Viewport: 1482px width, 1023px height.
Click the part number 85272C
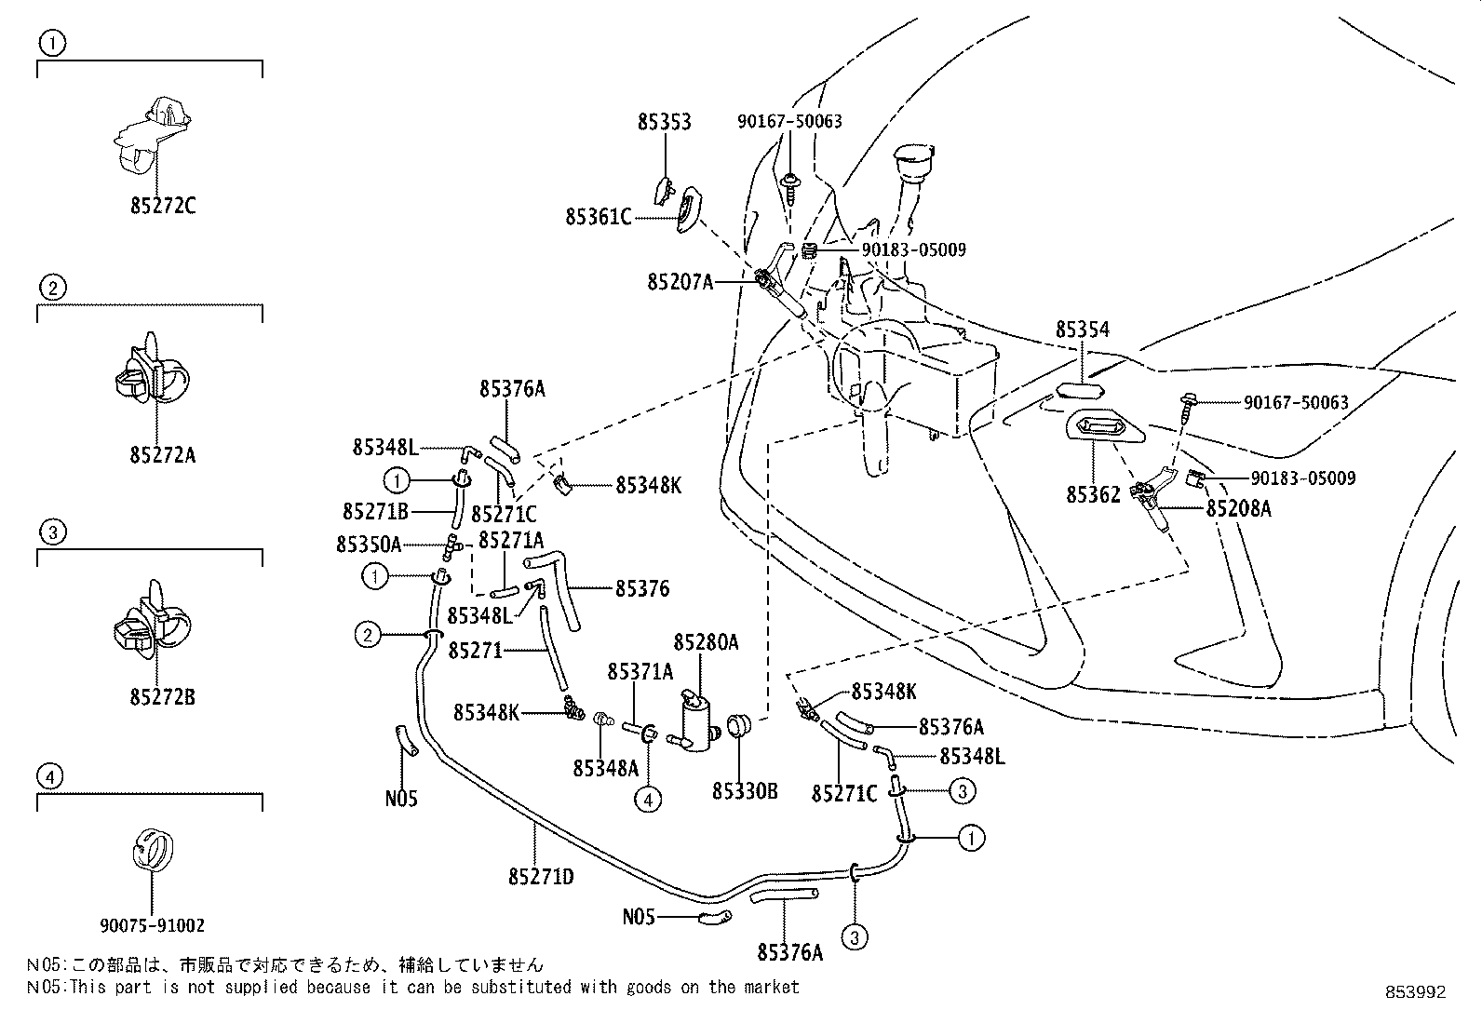pos(163,206)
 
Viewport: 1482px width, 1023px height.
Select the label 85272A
pos(163,455)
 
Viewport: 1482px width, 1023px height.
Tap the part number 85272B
pos(163,697)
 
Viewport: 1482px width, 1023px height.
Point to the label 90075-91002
pos(152,925)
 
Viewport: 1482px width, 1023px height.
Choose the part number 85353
pos(665,122)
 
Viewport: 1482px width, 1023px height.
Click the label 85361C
pos(598,217)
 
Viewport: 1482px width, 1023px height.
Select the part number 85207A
pos(680,283)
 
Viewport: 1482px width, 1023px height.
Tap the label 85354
pos(1083,330)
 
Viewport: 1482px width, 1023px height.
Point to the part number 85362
pos(1093,494)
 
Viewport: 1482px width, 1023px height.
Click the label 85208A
pos(1238,508)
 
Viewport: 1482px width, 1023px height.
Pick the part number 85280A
pos(706,642)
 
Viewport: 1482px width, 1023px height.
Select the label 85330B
pos(745,790)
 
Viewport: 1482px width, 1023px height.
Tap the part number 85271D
pos(541,877)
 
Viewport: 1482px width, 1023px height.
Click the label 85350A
pos(369,545)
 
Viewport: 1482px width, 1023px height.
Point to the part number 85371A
pos(640,672)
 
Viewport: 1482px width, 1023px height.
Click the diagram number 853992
pos(1415,992)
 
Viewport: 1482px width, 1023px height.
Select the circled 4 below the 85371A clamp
pos(648,800)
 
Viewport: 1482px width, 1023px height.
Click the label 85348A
pos(605,768)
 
